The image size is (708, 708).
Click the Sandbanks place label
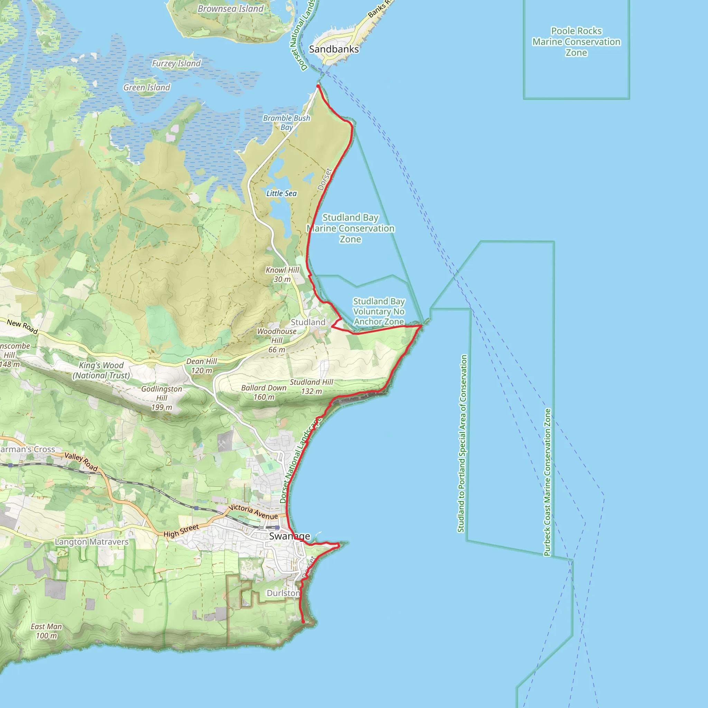(334, 49)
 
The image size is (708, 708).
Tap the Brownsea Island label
(231, 9)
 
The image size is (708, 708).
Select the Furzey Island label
(176, 63)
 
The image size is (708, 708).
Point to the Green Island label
(147, 87)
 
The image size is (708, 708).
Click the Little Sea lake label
(281, 194)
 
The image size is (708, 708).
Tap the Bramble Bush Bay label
(287, 123)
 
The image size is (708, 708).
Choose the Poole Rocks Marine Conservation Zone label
(576, 42)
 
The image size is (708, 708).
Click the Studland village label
(308, 322)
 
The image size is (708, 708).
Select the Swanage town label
(289, 536)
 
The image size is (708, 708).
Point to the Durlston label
(283, 593)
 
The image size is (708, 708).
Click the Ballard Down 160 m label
(264, 392)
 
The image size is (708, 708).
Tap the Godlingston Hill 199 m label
(161, 398)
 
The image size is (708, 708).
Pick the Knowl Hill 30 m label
(282, 274)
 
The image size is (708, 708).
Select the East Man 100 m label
(47, 631)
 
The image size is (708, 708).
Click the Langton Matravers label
(92, 542)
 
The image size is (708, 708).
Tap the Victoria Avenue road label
(253, 512)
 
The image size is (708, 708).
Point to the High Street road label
(181, 531)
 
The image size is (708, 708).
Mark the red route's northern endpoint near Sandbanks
(318, 86)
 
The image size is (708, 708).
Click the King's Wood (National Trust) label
(101, 370)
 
